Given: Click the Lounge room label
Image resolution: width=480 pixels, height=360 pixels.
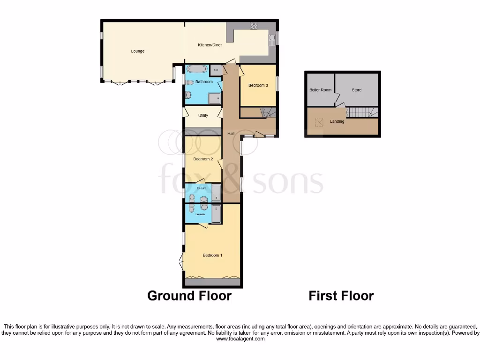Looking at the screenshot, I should (x=138, y=51).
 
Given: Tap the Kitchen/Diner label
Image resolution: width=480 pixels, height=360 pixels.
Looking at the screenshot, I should (x=210, y=45).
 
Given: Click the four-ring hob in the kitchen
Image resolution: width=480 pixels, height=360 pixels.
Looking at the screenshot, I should (x=255, y=25).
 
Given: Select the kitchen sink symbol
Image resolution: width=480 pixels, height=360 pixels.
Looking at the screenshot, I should (x=271, y=39).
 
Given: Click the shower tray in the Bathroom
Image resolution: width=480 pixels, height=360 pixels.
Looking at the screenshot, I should (x=215, y=97).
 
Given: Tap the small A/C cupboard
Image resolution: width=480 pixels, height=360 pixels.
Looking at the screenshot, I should (x=216, y=70).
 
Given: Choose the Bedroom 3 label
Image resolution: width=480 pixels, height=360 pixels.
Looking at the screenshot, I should (x=258, y=85).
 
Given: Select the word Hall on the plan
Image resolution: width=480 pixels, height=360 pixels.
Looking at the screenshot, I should (x=231, y=134).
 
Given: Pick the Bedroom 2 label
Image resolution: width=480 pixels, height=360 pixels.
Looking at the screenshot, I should (x=203, y=159).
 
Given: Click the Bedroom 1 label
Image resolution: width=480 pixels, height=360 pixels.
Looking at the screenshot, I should (x=212, y=255).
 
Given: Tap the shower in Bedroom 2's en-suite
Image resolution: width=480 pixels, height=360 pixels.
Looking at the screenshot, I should (x=217, y=193).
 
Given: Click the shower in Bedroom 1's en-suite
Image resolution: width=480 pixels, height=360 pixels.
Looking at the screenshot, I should (x=216, y=213).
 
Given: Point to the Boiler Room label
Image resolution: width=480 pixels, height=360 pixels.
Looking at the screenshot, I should (x=320, y=90).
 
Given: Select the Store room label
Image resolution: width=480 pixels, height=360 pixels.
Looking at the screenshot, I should (x=357, y=90).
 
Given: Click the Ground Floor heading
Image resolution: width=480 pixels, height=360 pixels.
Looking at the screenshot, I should (x=189, y=296).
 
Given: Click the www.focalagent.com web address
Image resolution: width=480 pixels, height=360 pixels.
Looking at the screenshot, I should (x=240, y=339).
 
